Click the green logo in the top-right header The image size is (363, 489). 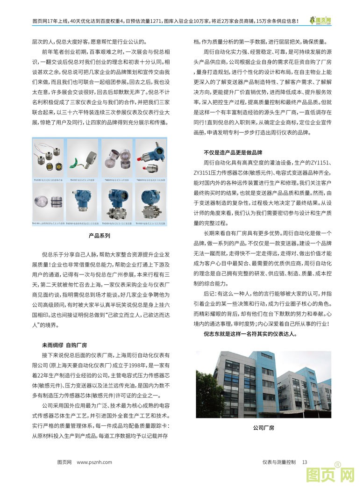point(320,21)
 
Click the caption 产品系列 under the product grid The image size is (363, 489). point(99,236)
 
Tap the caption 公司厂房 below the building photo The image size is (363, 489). point(263,427)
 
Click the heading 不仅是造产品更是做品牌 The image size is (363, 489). point(233,152)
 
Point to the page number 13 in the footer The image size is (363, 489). point(305,462)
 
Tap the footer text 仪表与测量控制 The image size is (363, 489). point(279,462)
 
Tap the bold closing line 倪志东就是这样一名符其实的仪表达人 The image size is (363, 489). point(250,335)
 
